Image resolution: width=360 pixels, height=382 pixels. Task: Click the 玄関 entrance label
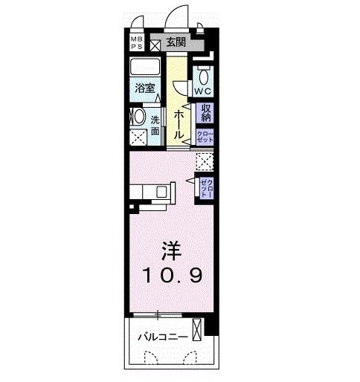176,43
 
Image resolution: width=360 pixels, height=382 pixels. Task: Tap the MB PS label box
138,43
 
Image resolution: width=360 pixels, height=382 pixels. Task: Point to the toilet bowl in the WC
204,75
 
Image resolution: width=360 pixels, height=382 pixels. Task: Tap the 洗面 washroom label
155,125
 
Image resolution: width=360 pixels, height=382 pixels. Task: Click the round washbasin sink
138,117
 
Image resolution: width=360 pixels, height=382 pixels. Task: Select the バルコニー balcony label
161,337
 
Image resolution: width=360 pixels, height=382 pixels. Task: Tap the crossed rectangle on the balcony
196,328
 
